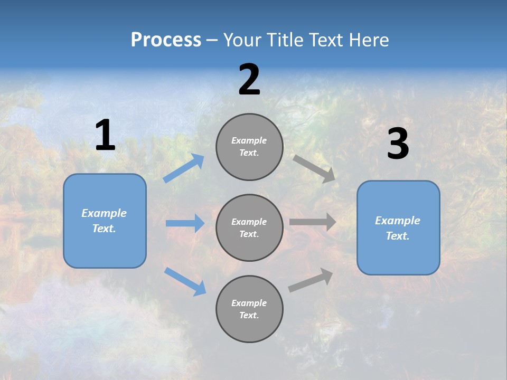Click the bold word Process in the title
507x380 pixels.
[x=166, y=40]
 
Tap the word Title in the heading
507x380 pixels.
[x=283, y=40]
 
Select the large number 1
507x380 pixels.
[x=105, y=136]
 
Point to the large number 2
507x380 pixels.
[x=249, y=80]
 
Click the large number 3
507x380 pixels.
[x=398, y=144]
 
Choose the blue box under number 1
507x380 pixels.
[x=105, y=221]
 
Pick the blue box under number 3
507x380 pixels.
[x=398, y=228]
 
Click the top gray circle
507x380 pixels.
[x=249, y=147]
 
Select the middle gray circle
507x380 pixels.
[x=249, y=228]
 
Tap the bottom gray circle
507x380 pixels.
[x=249, y=309]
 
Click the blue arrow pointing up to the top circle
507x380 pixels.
[x=184, y=168]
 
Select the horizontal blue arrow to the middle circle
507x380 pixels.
[x=185, y=223]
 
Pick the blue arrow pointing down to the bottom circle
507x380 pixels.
[x=185, y=281]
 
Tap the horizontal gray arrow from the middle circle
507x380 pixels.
[x=313, y=222]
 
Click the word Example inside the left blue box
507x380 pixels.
[x=104, y=213]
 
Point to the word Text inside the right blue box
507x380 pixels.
[x=397, y=236]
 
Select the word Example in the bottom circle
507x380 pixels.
[x=249, y=303]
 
